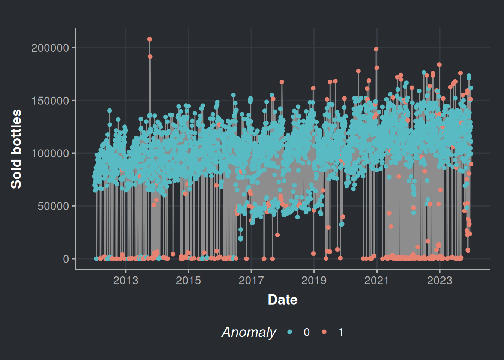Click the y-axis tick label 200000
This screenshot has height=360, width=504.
50,48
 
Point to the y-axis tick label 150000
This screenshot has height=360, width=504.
50,101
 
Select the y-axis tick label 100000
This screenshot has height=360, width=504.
50,153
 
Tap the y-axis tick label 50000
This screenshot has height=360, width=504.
53,206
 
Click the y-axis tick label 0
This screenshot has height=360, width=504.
66,259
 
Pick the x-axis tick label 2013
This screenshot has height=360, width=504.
126,280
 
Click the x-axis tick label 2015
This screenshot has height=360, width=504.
188,280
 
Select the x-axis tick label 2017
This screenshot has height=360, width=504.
251,280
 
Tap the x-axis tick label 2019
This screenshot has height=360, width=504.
314,280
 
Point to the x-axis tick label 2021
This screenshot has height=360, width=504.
376,280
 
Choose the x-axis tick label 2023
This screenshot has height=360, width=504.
439,280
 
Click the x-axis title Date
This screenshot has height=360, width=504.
283,300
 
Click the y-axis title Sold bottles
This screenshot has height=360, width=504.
16,149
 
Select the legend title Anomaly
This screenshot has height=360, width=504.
249,332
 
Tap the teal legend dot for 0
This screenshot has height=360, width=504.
289,332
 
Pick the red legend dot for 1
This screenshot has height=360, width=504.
324,332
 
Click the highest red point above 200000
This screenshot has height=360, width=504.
150,39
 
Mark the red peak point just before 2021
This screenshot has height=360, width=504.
376,49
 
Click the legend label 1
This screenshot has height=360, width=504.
341,332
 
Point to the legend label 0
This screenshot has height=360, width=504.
306,332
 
